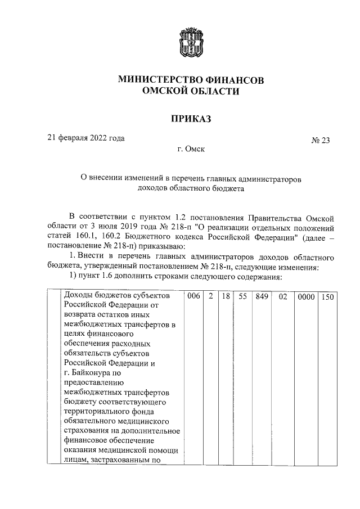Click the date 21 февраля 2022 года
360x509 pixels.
(85, 138)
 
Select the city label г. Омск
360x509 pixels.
(191, 150)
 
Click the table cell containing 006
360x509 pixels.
(192, 295)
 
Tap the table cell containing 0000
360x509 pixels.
(307, 295)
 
